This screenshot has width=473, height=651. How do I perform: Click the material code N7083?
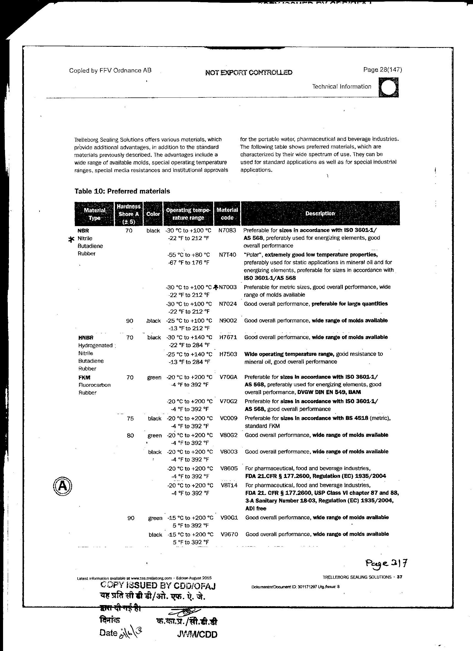click(227, 231)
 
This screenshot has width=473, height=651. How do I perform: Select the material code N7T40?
click(227, 254)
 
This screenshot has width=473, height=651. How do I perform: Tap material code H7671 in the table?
click(228, 337)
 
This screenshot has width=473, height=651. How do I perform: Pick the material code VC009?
click(229, 418)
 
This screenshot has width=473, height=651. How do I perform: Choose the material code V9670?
click(229, 534)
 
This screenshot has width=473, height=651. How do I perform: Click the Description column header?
click(320, 214)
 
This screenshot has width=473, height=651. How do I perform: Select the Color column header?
click(153, 214)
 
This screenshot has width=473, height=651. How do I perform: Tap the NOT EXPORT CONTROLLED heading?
click(249, 72)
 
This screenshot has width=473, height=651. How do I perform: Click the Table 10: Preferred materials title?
click(122, 191)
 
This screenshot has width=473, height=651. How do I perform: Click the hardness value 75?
click(130, 418)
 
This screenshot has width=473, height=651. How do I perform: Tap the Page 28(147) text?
click(382, 70)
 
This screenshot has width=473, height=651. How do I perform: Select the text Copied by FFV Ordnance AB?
click(110, 70)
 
